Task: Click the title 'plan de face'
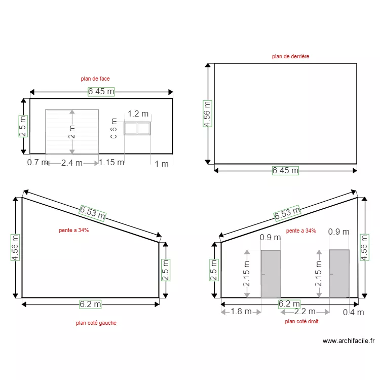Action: [x=95, y=79]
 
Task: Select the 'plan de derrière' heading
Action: [x=290, y=57]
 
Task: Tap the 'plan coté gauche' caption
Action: [x=96, y=323]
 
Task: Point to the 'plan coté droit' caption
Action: [x=301, y=321]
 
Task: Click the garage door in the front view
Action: [x=72, y=131]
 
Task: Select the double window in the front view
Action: [x=137, y=129]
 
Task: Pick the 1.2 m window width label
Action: [x=138, y=114]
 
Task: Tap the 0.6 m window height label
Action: [x=114, y=128]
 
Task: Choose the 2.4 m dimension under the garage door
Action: [x=71, y=163]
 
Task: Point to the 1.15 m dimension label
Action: [x=111, y=163]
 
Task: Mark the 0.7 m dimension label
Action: [x=37, y=163]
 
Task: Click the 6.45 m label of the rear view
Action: [x=285, y=171]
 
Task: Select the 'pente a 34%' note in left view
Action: [x=74, y=230]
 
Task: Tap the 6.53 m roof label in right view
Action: [x=287, y=213]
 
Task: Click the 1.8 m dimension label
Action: [x=241, y=312]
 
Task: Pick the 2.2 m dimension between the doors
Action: [x=305, y=312]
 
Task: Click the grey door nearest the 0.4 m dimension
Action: [x=339, y=273]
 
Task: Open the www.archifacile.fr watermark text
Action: [x=348, y=341]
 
